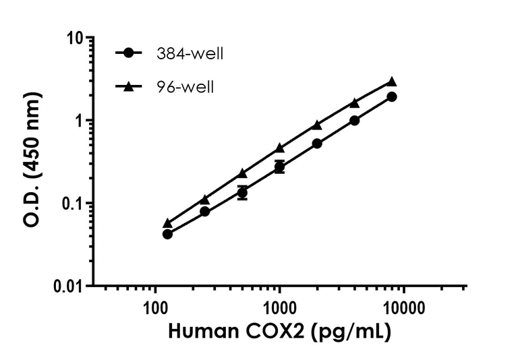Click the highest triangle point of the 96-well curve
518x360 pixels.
pyautogui.click(x=392, y=82)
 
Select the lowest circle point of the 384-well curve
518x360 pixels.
pyautogui.click(x=167, y=234)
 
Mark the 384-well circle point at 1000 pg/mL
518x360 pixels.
pyautogui.click(x=279, y=167)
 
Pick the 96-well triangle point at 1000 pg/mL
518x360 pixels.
pyautogui.click(x=279, y=148)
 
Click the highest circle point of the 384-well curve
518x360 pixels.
pyautogui.click(x=392, y=96)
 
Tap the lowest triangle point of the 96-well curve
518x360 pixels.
pyautogui.click(x=167, y=223)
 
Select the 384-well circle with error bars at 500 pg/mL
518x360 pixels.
pyautogui.click(x=242, y=193)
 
